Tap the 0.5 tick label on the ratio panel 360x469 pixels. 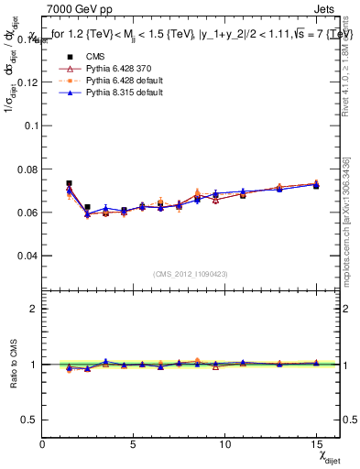[29, 419]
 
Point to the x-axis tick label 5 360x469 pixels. [134, 443]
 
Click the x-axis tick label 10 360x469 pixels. [224, 443]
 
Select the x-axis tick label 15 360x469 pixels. [316, 443]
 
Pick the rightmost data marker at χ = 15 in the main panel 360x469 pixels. [316, 185]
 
